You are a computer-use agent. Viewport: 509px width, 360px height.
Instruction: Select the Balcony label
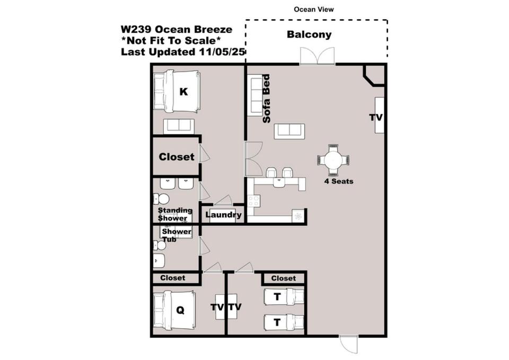(309, 34)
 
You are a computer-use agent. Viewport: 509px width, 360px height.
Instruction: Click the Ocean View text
(313, 10)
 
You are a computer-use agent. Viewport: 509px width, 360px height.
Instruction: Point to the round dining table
(334, 160)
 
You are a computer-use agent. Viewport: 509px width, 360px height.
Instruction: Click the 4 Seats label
(339, 181)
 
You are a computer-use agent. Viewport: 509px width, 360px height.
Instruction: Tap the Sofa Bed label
(266, 99)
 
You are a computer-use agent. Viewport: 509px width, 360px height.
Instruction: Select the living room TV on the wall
(379, 115)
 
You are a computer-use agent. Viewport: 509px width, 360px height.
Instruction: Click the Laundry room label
(223, 215)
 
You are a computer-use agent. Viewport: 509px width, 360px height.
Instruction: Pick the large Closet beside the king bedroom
(176, 157)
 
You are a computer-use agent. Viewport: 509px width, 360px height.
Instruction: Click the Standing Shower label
(174, 214)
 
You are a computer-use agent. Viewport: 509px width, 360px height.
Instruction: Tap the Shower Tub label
(175, 235)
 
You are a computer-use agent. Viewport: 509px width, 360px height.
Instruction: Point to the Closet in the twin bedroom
(283, 278)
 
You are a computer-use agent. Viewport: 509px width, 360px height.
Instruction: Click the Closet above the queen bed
(173, 278)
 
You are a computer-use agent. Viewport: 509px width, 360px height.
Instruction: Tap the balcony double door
(317, 56)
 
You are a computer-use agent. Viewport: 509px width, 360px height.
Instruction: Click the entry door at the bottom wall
(349, 345)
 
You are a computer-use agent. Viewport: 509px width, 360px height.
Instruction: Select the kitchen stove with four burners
(253, 201)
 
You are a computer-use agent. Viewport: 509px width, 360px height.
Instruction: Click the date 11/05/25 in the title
(221, 51)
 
